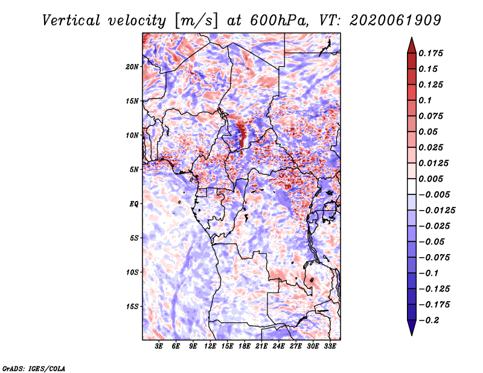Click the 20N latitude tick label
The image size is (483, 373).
tap(132, 67)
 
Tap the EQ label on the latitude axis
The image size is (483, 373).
tap(133, 204)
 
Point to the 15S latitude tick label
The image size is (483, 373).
tap(132, 307)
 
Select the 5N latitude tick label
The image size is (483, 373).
tap(134, 170)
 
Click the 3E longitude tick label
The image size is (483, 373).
tap(159, 346)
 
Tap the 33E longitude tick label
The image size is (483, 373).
tap(330, 346)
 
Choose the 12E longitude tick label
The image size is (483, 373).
tap(210, 346)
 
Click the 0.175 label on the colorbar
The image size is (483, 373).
tap(430, 53)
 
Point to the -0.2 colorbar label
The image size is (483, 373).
tap(429, 320)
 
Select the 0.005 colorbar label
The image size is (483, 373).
tap(430, 179)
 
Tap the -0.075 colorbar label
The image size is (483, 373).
tap(434, 258)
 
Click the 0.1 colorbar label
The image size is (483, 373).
tap(425, 100)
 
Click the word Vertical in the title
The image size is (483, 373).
tap(71, 21)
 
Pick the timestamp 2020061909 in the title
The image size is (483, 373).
tap(395, 21)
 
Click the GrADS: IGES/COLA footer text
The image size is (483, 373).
tap(34, 369)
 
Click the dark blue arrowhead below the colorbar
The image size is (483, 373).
tap(412, 327)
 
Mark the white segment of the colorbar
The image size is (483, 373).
tap(412, 186)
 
